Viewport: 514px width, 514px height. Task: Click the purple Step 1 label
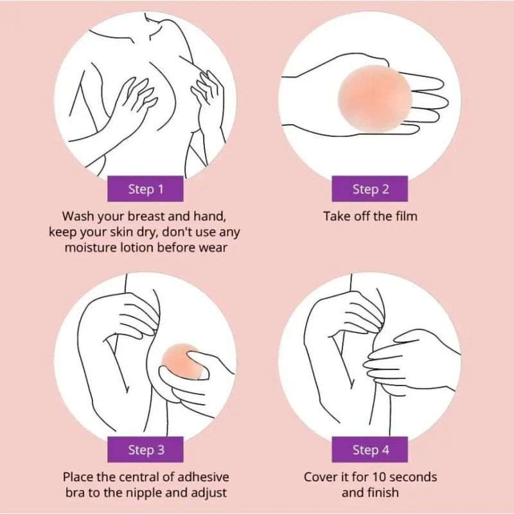(145, 189)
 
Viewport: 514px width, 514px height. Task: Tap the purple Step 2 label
(370, 189)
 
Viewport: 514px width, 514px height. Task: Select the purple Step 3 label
(145, 449)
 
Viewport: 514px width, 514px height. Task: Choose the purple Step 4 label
(370, 449)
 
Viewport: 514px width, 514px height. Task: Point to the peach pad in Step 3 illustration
(181, 360)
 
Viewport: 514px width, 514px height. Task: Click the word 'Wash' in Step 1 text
(78, 217)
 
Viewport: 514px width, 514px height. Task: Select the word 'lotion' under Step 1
(137, 247)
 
